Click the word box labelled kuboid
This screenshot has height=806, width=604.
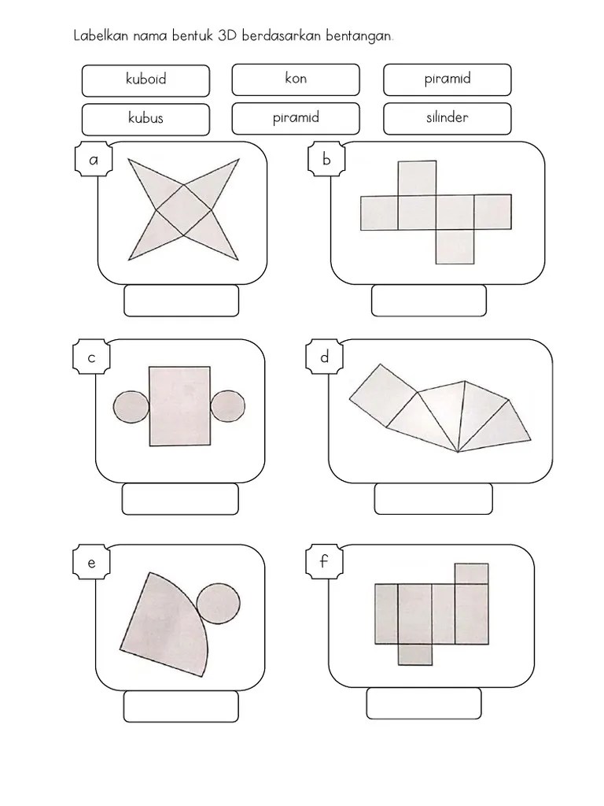pos(145,81)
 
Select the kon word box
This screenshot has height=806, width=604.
pos(296,79)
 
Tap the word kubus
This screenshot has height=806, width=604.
pos(145,118)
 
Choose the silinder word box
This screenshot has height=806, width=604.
pos(447,119)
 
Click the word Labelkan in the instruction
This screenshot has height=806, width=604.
pos(101,36)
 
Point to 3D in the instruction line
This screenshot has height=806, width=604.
pos(226,36)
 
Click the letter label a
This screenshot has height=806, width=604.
pos(94,160)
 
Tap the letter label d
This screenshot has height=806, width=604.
pos(325,357)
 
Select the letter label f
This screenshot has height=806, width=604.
pos(323,560)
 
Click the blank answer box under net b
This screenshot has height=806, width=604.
pos(429,301)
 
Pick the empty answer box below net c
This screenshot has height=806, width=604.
pos(180,498)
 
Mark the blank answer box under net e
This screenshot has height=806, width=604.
pos(181,706)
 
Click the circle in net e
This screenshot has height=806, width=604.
pos(219,604)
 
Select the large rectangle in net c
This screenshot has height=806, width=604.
pos(180,406)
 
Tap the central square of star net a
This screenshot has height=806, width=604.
pos(183,210)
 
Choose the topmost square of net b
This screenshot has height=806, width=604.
pos(417,178)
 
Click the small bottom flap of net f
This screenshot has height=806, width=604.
pos(415,654)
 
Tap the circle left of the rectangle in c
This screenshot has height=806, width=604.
pos(131,407)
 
